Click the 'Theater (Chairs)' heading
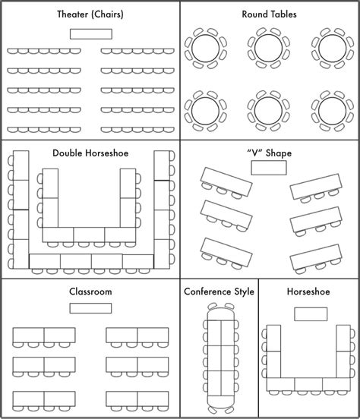[90, 14]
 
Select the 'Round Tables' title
[269, 14]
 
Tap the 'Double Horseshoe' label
[90, 153]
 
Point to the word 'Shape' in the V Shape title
[279, 153]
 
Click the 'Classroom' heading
[90, 291]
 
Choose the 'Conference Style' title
[219, 291]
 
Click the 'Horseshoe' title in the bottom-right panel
[308, 291]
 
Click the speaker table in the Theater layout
[91, 34]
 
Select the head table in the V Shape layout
[269, 168]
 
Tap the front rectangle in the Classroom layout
[90, 308]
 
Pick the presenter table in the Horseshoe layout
[311, 314]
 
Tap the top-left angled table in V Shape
[226, 181]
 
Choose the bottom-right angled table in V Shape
[316, 257]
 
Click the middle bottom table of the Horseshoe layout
[308, 384]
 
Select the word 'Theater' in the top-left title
[73, 14]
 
